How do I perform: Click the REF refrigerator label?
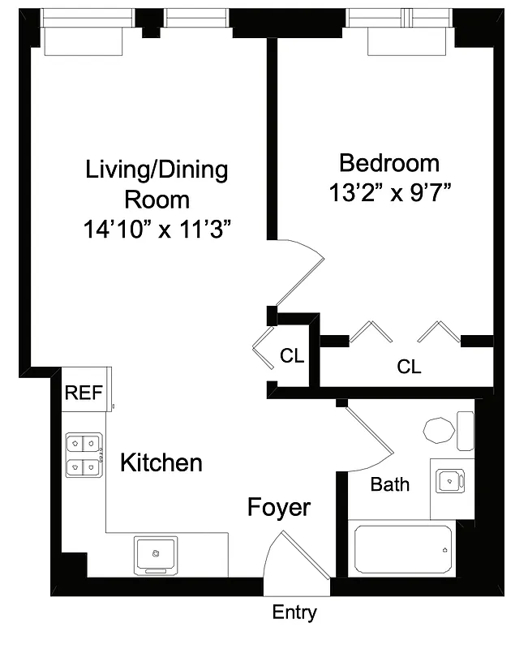coord(84,393)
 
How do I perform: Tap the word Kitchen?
coord(161,463)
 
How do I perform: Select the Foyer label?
coord(278,508)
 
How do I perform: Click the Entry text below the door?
coord(294,613)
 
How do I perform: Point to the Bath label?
coord(389,485)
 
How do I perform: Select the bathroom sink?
coord(447,481)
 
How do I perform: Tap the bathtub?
coord(402,549)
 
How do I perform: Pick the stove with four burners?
coord(84,455)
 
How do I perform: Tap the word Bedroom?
coord(388,163)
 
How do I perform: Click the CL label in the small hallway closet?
coord(292,356)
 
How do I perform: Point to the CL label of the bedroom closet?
coord(409,367)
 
